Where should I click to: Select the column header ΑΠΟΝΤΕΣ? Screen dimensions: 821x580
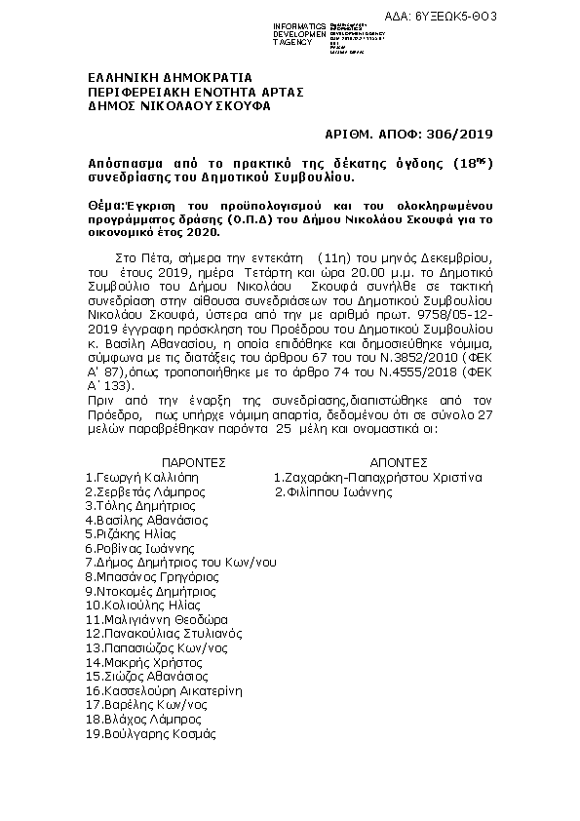399,462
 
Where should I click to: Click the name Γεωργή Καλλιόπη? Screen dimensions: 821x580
140,478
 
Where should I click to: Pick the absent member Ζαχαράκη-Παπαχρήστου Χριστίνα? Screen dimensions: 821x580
378,478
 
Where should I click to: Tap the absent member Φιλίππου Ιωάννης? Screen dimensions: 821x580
333,492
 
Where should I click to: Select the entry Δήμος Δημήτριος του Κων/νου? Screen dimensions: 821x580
180,563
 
